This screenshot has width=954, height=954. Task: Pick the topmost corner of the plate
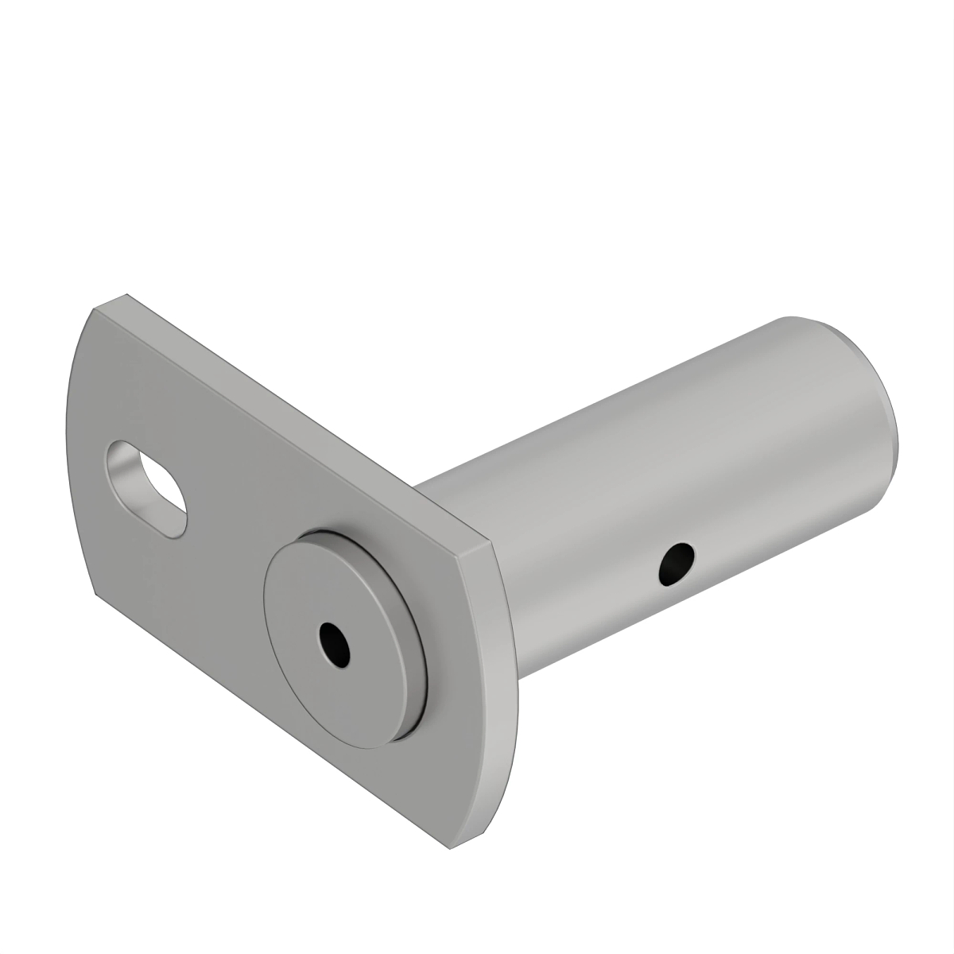pyautogui.click(x=127, y=296)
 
